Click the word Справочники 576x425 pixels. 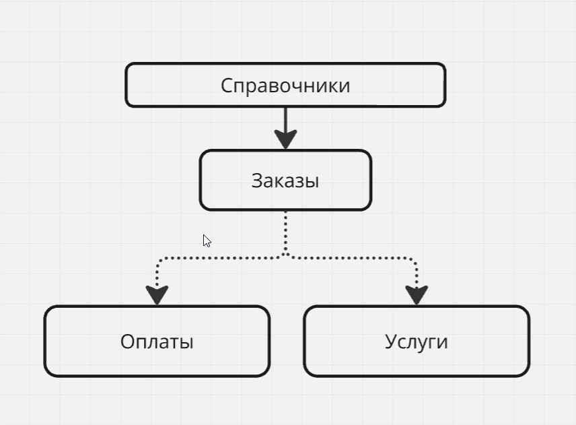(285, 86)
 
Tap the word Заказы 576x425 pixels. (285, 181)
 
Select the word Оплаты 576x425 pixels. (157, 341)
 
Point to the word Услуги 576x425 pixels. (417, 341)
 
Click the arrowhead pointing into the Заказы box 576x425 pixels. (285, 139)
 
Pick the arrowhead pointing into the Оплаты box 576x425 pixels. (157, 294)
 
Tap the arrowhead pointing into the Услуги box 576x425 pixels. (417, 294)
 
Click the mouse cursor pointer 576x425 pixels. (207, 240)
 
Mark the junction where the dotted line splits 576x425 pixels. (285, 256)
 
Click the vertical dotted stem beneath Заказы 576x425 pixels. (285, 232)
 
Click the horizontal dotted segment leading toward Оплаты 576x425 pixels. (222, 257)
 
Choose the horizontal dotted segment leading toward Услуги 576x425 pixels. (350, 257)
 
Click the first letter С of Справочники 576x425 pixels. (226, 86)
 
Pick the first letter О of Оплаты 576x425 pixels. (127, 341)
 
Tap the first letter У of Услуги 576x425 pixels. (390, 342)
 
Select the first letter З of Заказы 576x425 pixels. (257, 181)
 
